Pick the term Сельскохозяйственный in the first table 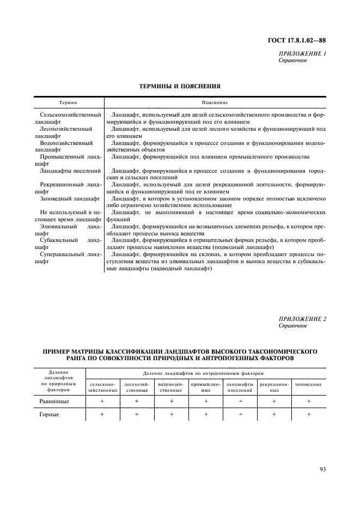(x=71, y=116)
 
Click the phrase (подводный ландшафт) (x=248, y=247)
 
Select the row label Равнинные (x=53, y=401)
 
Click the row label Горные (x=48, y=415)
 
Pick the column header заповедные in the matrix (x=308, y=384)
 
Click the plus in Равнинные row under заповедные (x=308, y=401)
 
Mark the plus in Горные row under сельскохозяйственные (x=102, y=415)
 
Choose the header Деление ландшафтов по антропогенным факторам (x=203, y=373)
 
